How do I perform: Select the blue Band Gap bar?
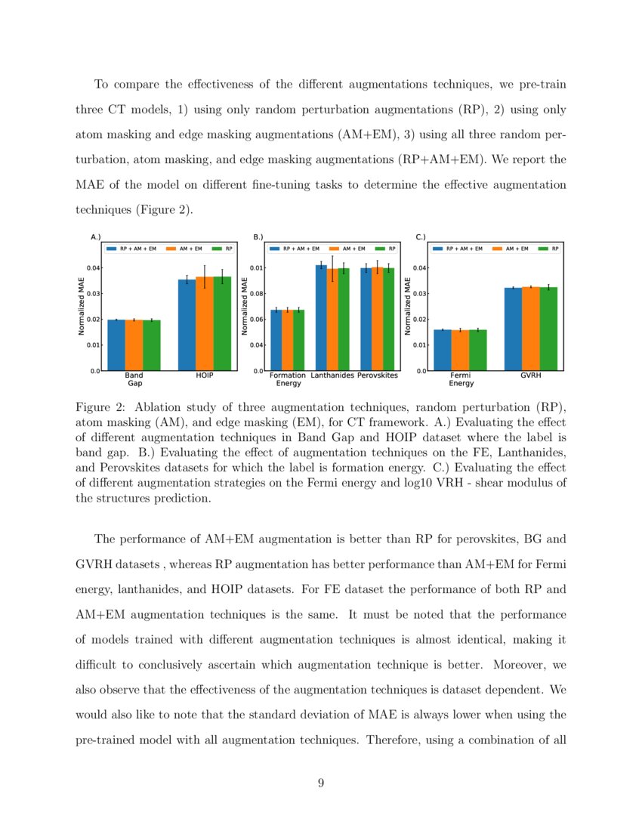tap(116, 345)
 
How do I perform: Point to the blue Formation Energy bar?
tap(276, 340)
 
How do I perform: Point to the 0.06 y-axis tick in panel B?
tap(258, 319)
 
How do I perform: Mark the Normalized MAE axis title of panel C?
tap(408, 306)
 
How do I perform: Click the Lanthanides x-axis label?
tap(332, 375)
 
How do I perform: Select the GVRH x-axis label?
tap(531, 375)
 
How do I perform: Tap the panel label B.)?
tap(258, 237)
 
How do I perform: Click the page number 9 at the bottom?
tap(321, 783)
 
